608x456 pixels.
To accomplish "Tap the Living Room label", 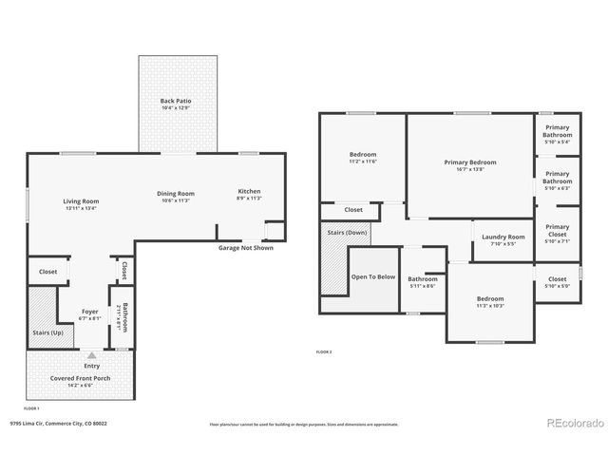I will click(x=82, y=200).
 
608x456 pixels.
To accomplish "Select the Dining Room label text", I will click(x=176, y=194).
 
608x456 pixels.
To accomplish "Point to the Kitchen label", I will click(x=249, y=191).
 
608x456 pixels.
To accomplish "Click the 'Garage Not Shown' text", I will click(x=245, y=248).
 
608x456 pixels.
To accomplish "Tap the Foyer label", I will click(x=90, y=311).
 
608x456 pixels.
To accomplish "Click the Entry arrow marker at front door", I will click(x=92, y=354).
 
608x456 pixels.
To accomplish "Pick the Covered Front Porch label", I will click(x=80, y=377).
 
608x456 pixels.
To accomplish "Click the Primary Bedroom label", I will click(x=470, y=162).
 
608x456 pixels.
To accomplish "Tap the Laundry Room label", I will click(x=503, y=237).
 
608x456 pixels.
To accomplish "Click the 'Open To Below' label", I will click(x=373, y=276).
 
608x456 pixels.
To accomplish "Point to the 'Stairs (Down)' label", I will click(x=347, y=231).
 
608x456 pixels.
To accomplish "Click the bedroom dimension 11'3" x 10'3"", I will click(x=490, y=306).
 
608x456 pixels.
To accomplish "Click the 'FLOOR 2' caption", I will click(x=324, y=351).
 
